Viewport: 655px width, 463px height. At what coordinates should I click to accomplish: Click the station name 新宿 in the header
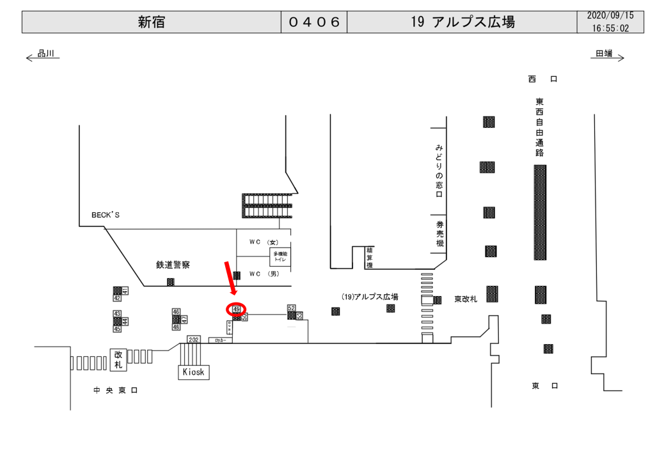pos(151,22)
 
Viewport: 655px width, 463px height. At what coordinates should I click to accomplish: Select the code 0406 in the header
pos(314,22)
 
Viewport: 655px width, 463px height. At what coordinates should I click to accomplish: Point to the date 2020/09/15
pos(610,15)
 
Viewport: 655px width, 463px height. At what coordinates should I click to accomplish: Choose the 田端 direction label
pos(604,54)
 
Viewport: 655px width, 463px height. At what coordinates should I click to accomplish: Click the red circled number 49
pos(237,309)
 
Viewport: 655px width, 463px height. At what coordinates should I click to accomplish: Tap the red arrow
pos(230,279)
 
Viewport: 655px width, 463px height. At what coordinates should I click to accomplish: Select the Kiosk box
pos(193,372)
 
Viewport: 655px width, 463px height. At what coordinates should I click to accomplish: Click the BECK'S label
pos(106,216)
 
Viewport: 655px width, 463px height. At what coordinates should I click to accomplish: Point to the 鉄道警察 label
pos(173,264)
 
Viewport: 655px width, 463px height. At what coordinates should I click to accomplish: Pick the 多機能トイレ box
pos(280,257)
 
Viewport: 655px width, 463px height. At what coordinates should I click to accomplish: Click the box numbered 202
pos(194,340)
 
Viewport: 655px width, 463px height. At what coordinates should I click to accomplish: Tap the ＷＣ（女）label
pos(264,242)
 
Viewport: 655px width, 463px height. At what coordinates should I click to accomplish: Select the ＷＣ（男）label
pos(264,274)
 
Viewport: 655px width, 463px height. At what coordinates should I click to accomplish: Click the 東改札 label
pos(466,299)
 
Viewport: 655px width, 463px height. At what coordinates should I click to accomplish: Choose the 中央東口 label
pos(115,390)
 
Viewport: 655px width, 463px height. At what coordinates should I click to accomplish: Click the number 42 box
pos(117,298)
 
